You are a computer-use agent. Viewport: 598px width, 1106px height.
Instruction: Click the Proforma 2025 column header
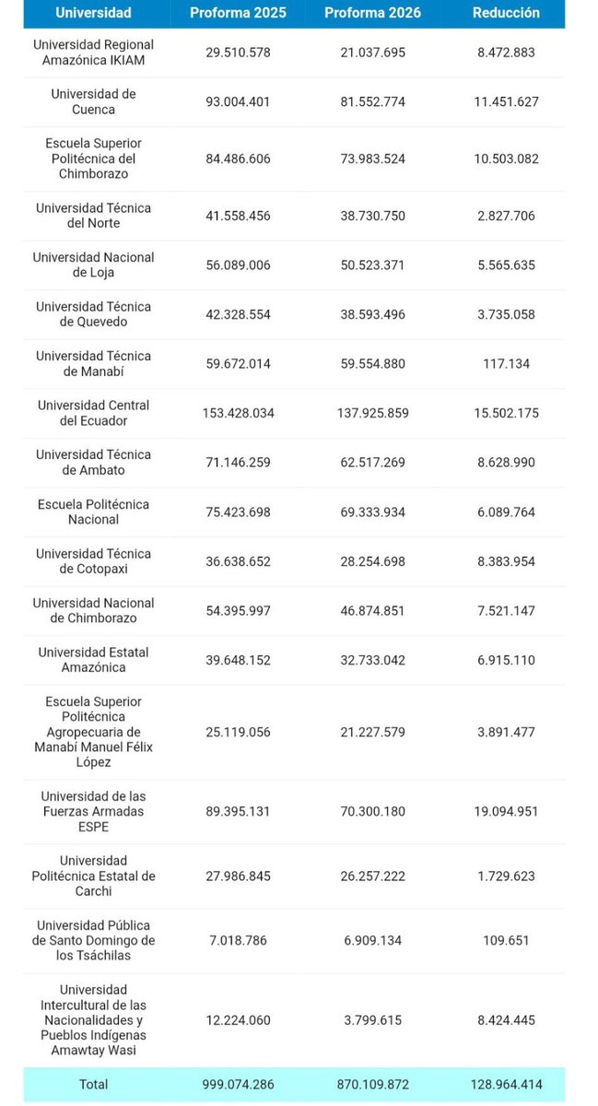click(238, 13)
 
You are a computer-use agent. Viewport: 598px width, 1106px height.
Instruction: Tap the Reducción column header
click(505, 13)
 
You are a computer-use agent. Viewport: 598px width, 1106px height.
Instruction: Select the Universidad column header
click(93, 13)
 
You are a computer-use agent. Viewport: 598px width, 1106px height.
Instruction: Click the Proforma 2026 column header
click(373, 13)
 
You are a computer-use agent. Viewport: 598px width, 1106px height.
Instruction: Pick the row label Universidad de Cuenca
click(93, 101)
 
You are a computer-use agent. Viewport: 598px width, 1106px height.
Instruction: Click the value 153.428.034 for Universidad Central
click(238, 413)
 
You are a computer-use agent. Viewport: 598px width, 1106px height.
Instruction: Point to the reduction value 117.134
click(505, 364)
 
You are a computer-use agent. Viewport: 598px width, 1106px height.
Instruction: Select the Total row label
click(93, 1084)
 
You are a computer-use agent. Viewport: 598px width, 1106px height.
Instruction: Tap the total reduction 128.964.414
click(505, 1084)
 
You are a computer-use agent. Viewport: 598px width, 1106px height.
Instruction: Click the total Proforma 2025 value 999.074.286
click(238, 1084)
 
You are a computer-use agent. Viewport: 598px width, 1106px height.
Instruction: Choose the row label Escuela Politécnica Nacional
click(93, 512)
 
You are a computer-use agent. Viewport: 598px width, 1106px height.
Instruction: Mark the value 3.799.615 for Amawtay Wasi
click(373, 1020)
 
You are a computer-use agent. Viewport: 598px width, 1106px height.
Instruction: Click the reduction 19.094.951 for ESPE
click(505, 811)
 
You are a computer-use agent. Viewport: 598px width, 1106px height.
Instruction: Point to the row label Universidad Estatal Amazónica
click(93, 660)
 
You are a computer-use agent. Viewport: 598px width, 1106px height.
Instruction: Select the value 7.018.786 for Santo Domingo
click(238, 940)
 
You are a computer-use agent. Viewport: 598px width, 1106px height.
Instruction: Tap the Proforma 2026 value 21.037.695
click(373, 53)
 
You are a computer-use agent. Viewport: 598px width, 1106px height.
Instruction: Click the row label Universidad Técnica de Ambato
click(93, 463)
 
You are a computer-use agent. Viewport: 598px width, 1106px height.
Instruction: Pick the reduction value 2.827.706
click(505, 216)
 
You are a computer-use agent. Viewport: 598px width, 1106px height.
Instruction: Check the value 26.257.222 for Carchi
click(373, 876)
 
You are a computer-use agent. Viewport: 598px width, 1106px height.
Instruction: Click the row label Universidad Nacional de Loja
click(93, 265)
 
